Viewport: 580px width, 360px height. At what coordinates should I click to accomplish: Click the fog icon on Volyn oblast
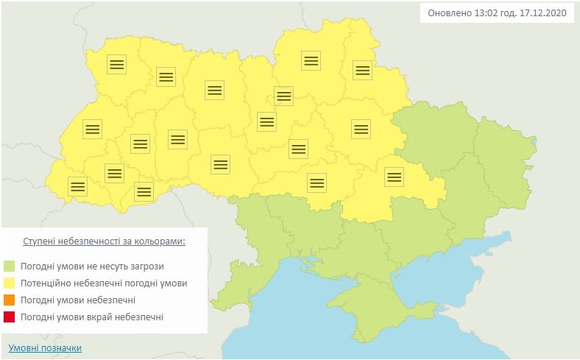tap(116, 63)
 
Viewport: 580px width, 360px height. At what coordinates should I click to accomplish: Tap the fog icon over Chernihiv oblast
tap(311, 61)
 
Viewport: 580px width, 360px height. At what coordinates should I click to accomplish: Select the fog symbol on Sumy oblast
tap(361, 70)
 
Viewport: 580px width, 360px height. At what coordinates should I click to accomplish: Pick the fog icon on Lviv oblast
tap(91, 129)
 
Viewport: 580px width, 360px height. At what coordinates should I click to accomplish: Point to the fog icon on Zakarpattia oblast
tap(77, 186)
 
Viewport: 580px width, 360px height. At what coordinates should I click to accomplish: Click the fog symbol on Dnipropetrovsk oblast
tap(395, 176)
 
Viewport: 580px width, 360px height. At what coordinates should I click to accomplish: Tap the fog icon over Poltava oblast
tap(360, 129)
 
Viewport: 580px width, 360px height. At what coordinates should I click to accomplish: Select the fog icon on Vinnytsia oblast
tap(220, 163)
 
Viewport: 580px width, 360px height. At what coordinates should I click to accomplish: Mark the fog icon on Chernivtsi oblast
tap(144, 192)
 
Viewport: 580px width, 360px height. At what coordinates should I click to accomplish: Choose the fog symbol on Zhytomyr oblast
tap(214, 90)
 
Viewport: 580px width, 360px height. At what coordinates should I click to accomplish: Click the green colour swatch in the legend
tap(10, 267)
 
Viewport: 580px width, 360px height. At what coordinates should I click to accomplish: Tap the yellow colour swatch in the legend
tap(10, 283)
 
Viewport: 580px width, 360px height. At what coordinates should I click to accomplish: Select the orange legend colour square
tap(10, 300)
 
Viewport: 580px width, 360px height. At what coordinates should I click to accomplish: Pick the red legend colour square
tap(10, 317)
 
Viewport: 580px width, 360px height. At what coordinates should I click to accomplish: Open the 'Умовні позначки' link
tap(45, 347)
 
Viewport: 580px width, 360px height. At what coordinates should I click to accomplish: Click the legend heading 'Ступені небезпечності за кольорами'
tap(104, 241)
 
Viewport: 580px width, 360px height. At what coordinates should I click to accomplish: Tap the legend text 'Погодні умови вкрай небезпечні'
tap(92, 317)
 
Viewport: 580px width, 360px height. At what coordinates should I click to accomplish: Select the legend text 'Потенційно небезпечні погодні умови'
tap(104, 283)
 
